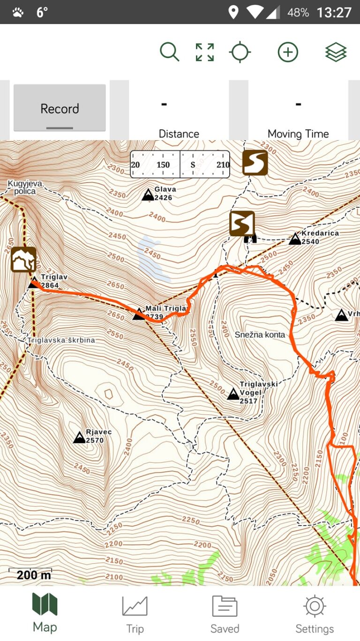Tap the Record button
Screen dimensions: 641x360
pos(60,108)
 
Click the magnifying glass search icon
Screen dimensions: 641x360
pos(169,52)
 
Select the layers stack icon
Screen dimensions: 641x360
pos(336,52)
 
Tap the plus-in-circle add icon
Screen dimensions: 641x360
pos(288,52)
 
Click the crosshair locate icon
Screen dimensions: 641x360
pos(240,52)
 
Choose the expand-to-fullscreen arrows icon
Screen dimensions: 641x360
pos(205,52)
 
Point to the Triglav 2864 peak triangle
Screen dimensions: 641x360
pos(33,283)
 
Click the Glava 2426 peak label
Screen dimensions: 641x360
pos(165,193)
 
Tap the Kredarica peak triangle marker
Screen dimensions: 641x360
pos(295,239)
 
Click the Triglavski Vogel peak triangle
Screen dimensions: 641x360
pos(233,394)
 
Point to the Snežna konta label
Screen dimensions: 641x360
pos(260,335)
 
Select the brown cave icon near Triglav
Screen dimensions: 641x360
pos(23,260)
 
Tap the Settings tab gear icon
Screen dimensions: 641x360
pos(315,606)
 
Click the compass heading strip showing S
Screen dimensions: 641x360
pos(180,165)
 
